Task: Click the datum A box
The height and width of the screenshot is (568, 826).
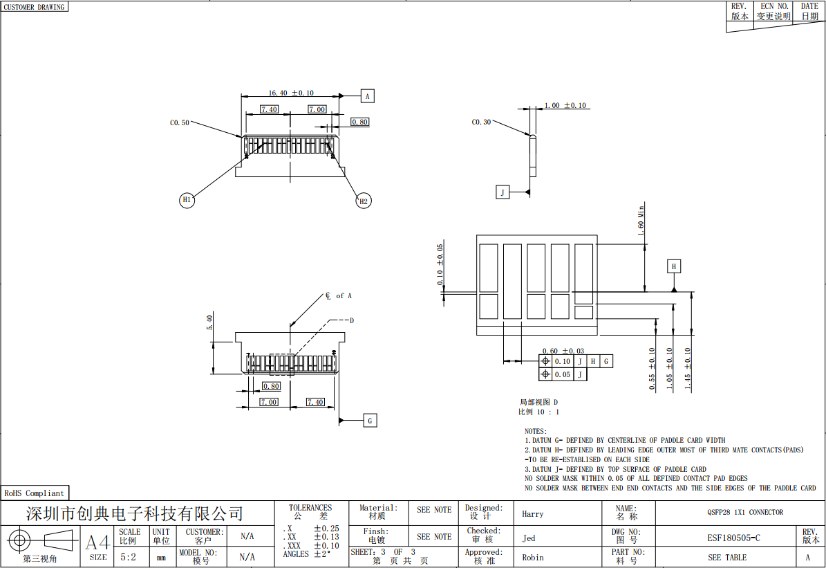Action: tap(367, 96)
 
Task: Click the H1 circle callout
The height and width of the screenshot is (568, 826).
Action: tap(187, 200)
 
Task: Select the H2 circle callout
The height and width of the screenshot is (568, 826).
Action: tap(363, 201)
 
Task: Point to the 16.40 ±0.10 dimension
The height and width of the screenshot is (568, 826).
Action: tap(291, 93)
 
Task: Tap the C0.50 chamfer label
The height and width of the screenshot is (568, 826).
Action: tap(179, 123)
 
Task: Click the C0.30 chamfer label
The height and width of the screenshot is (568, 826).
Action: tap(481, 122)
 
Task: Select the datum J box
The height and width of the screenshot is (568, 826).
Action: tap(503, 192)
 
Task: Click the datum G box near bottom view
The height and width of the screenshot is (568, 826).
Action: tap(370, 421)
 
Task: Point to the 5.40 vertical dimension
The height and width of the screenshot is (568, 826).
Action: tap(209, 322)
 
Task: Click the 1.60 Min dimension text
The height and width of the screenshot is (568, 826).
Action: tap(641, 221)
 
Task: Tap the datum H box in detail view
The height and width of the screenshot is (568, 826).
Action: tap(674, 266)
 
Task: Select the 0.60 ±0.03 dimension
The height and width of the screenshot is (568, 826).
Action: tap(563, 351)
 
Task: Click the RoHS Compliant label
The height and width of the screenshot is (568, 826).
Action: tap(35, 493)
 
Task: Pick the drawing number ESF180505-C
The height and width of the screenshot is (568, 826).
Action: tap(734, 538)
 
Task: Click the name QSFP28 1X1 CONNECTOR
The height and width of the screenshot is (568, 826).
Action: tap(745, 512)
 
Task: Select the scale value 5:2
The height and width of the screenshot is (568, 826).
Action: tap(128, 557)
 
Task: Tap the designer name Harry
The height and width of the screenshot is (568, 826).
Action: tap(533, 514)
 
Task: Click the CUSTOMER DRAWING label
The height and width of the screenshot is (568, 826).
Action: tap(35, 7)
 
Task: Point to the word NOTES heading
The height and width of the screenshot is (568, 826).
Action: tap(536, 431)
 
